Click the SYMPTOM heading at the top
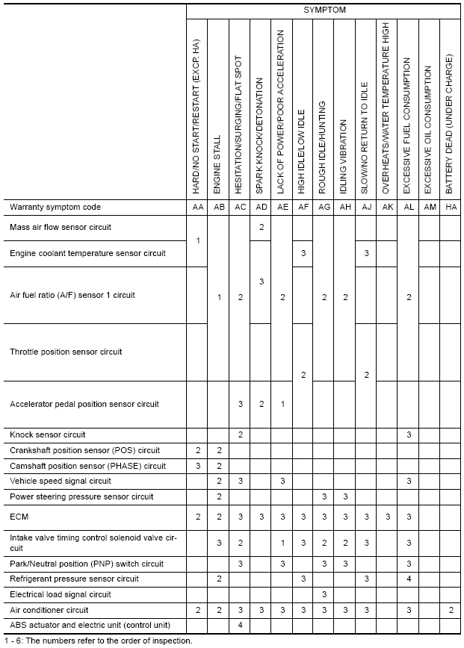(324, 10)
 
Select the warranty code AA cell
(197, 207)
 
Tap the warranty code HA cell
(451, 207)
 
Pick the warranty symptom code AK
(387, 207)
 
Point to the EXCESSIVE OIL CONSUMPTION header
(429, 131)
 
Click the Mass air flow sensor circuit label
(61, 227)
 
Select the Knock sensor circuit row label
(48, 434)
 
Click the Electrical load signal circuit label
(60, 594)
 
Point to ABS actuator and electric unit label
(90, 625)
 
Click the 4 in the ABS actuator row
(240, 625)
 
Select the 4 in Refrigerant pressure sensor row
(408, 579)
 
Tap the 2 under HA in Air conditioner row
(451, 610)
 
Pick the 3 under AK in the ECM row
(387, 516)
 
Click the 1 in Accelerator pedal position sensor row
(282, 404)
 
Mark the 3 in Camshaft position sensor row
(197, 466)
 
